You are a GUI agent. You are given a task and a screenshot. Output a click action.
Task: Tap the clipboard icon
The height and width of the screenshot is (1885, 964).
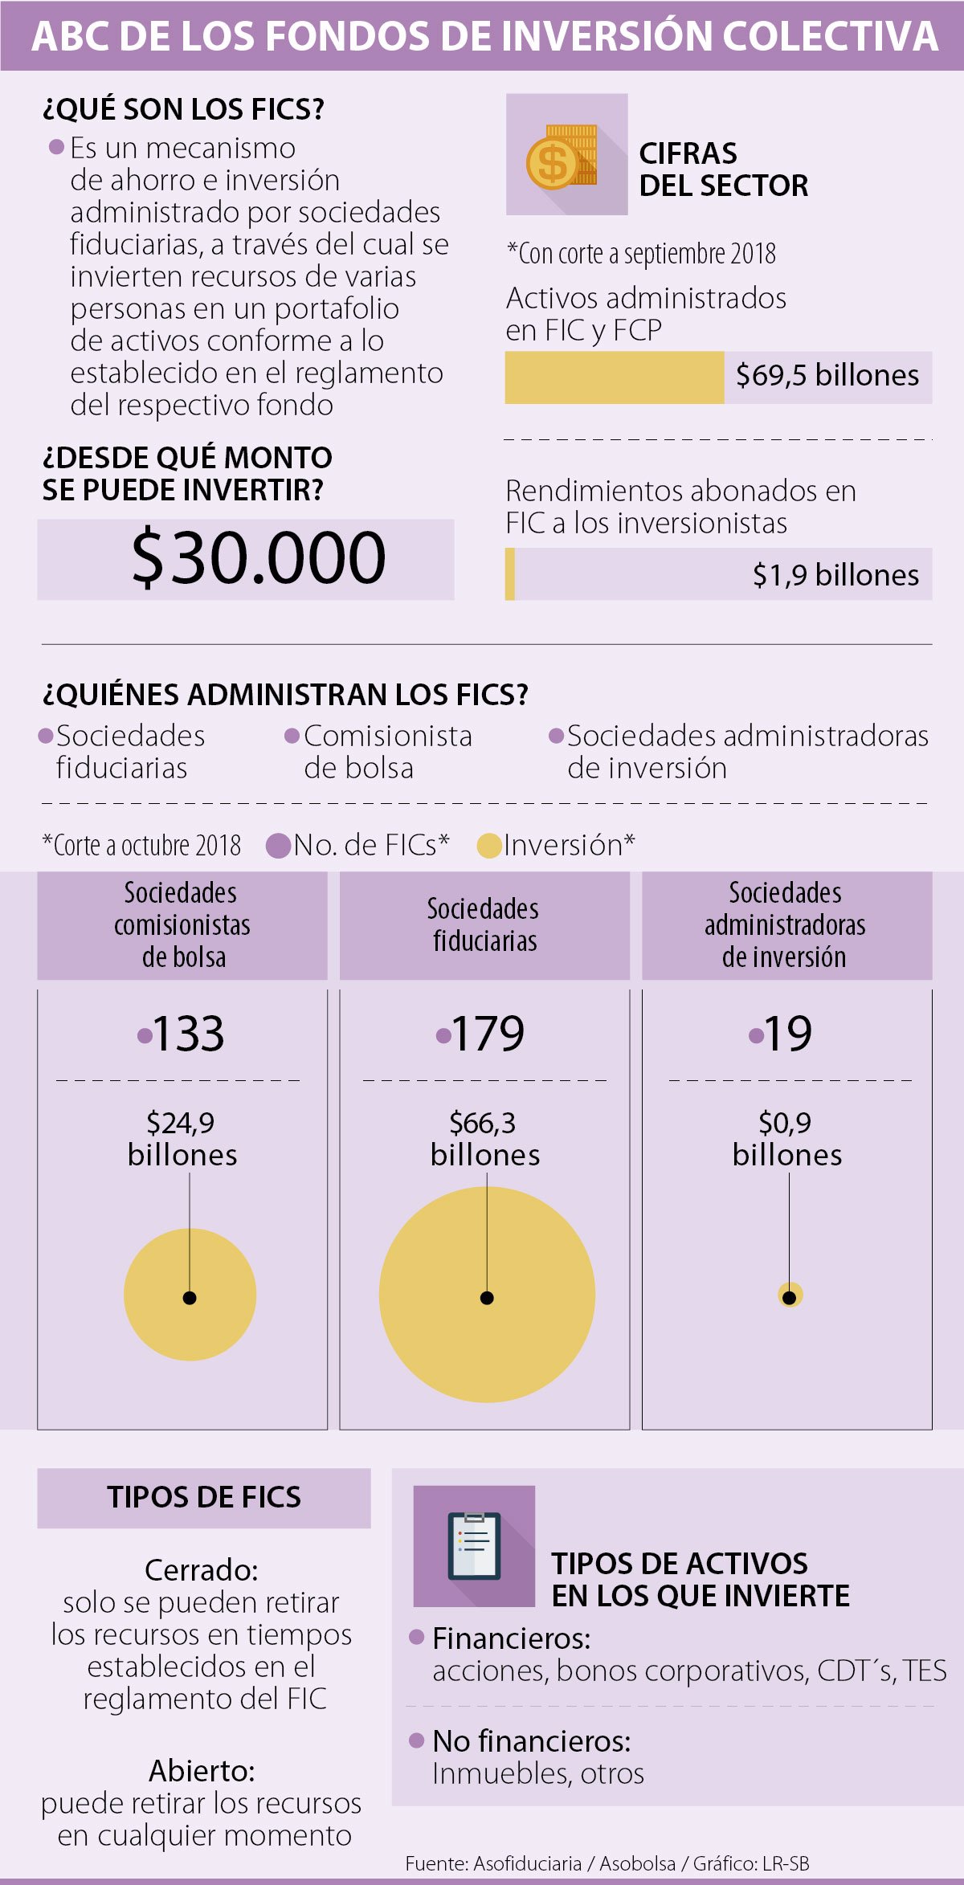(474, 1545)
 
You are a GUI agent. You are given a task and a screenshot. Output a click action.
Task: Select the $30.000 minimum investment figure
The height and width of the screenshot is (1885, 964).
(259, 557)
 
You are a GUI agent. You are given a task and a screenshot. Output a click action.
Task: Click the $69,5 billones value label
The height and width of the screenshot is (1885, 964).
(827, 376)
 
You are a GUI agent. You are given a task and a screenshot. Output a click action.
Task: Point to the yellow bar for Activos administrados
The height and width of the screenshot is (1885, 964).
(615, 377)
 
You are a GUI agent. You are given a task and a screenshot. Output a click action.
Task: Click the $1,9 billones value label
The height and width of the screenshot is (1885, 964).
(835, 575)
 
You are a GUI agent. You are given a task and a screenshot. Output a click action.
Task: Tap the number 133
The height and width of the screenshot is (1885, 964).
(188, 1033)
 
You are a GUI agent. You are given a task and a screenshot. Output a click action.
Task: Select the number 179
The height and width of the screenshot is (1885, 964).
(488, 1033)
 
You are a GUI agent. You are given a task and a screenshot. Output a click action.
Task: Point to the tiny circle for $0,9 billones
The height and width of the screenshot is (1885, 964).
(790, 1295)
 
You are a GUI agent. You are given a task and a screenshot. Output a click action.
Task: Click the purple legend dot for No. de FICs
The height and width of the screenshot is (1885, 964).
(278, 846)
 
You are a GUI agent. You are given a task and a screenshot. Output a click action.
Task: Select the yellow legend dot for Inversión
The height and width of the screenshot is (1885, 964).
(488, 846)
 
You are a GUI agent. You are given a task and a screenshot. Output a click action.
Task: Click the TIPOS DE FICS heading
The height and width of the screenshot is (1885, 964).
(204, 1498)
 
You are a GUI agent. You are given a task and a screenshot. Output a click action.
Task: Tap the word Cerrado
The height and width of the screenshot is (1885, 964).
(201, 1570)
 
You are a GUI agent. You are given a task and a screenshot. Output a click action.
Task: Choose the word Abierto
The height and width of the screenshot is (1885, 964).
(202, 1771)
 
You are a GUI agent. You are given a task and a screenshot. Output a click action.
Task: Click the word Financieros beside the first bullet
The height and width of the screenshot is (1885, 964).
(511, 1638)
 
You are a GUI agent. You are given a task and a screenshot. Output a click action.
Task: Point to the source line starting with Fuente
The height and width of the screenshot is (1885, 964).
(607, 1863)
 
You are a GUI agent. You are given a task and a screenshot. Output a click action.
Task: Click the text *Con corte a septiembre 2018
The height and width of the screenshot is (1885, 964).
(641, 254)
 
